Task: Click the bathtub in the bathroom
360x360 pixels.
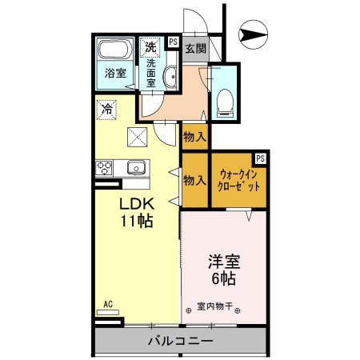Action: tap(116, 50)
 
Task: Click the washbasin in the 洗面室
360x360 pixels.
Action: tap(170, 77)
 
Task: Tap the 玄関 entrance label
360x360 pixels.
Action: tap(195, 48)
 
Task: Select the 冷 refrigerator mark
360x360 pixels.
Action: tap(106, 106)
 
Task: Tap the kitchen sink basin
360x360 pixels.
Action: tap(134, 168)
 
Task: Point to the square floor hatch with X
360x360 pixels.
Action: tap(137, 138)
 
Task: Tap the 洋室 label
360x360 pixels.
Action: tap(223, 262)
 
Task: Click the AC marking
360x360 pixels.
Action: tap(107, 304)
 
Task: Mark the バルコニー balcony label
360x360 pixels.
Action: tap(180, 342)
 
